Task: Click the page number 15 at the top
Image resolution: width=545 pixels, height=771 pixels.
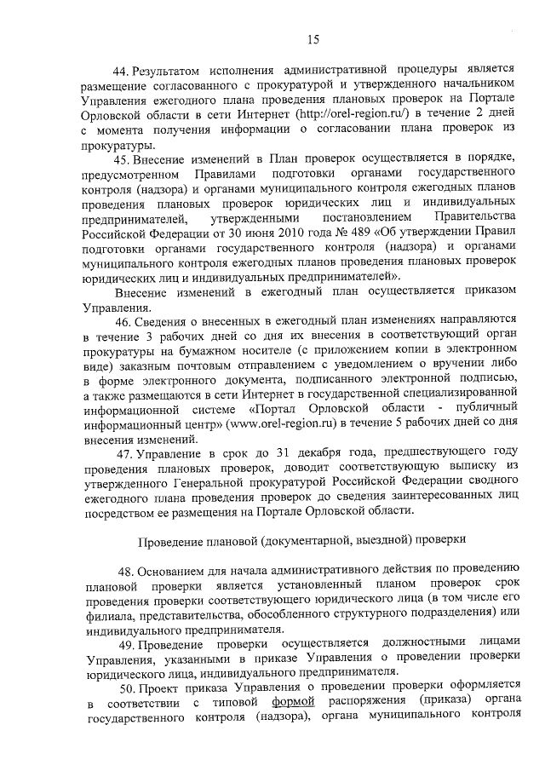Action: coord(313,38)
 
